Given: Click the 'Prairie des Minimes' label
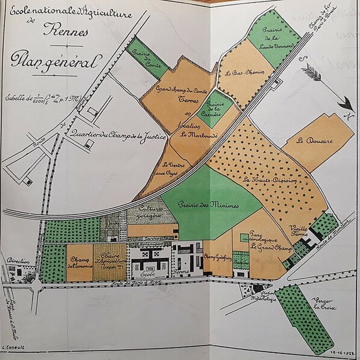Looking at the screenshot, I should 208,205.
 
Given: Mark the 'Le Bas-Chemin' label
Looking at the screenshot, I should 242,73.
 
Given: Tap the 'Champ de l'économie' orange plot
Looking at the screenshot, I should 80,262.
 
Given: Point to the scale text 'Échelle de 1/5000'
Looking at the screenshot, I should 36,97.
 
